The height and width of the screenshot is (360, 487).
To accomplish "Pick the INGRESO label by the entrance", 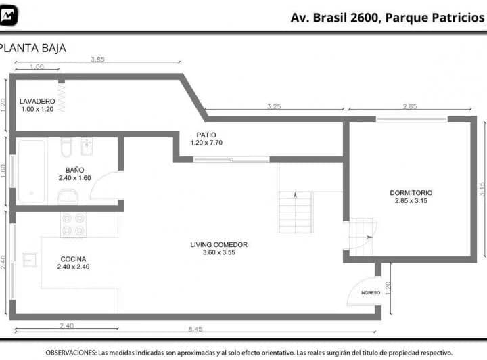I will [x=370, y=293].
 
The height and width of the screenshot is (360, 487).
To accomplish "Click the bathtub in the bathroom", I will [x=31, y=171].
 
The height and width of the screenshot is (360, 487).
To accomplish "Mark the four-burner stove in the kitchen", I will [x=73, y=225].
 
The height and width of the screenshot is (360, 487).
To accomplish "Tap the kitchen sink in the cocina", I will [x=30, y=260].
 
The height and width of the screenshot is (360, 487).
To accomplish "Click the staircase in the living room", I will [x=296, y=212].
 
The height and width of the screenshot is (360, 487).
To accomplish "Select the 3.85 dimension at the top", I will [x=99, y=60].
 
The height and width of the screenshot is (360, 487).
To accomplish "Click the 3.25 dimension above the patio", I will [x=274, y=106].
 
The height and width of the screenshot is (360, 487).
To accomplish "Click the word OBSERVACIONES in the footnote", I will [x=70, y=353].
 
